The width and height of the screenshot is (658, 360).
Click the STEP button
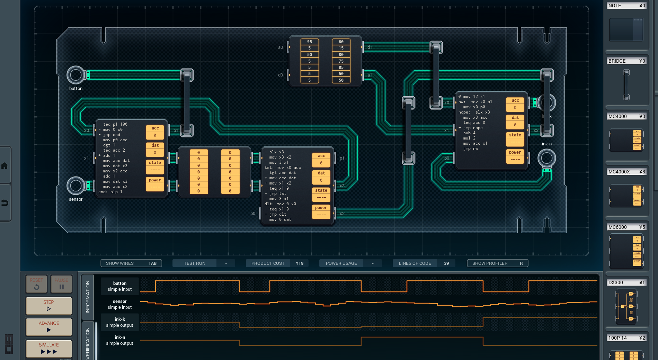point(49,306)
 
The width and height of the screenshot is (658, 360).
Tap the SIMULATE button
point(49,349)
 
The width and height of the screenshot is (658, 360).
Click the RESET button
point(36,284)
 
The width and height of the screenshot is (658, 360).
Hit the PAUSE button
point(61,284)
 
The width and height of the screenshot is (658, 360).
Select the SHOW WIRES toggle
point(131,263)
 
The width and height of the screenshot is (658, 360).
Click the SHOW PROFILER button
point(497,263)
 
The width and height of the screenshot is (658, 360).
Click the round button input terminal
point(75,75)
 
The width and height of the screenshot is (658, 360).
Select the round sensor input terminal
point(75,186)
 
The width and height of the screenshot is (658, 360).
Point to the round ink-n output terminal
point(546,158)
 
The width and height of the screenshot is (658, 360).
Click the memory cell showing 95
point(310,42)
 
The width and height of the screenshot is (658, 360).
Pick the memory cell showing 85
point(341,67)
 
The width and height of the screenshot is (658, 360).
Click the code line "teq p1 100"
point(115,124)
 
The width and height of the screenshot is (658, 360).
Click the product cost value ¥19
point(300,263)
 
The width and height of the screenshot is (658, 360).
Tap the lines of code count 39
point(446,263)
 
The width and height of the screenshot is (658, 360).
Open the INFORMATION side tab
point(88,297)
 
